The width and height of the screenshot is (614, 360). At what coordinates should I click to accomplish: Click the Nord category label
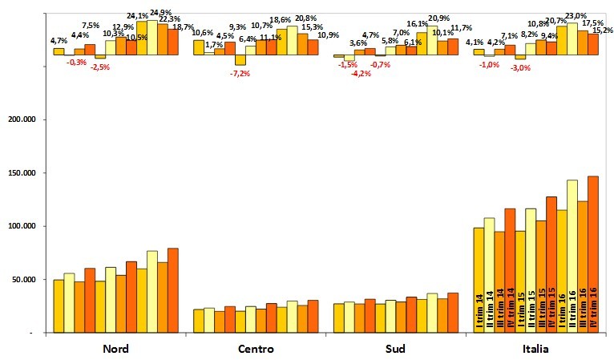click(117, 349)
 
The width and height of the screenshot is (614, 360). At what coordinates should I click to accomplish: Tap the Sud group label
click(396, 349)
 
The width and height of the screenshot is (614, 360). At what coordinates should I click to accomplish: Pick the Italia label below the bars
click(536, 349)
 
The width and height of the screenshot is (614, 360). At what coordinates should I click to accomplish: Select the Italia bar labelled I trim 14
click(479, 280)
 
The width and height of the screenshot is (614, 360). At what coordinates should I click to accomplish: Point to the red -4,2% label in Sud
click(361, 73)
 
